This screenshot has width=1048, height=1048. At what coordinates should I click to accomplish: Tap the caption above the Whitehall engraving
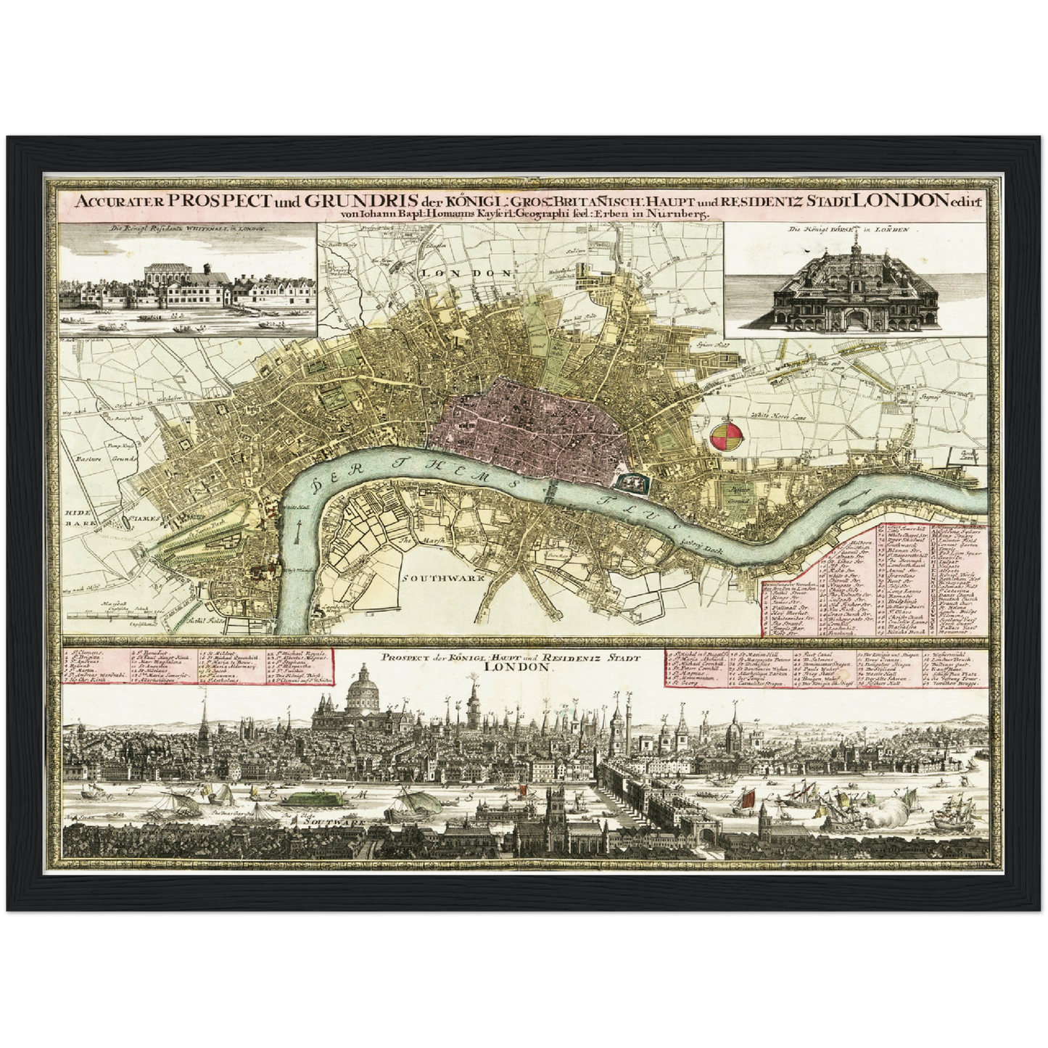pos(188,229)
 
